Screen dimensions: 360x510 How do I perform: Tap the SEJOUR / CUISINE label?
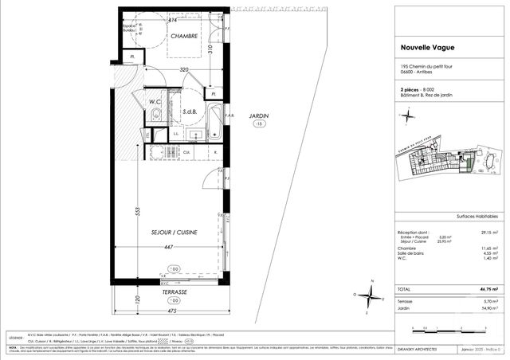pos(175,232)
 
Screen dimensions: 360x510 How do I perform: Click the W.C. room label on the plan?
pos(156,102)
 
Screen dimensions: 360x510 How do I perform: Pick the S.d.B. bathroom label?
pos(189,112)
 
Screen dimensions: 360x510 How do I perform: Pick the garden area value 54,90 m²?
pos(488,307)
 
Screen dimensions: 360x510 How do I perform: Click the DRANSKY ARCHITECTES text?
pos(416,348)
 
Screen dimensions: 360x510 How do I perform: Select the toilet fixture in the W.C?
pos(156,117)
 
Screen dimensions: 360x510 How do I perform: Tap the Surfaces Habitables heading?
pos(477,217)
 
